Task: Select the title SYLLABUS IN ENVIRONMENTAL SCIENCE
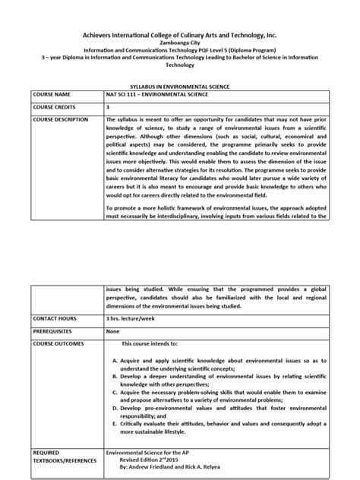pyautogui.click(x=180, y=88)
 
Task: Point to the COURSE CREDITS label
pyautogui.click(x=55, y=109)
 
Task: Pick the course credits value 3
pyautogui.click(x=108, y=109)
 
